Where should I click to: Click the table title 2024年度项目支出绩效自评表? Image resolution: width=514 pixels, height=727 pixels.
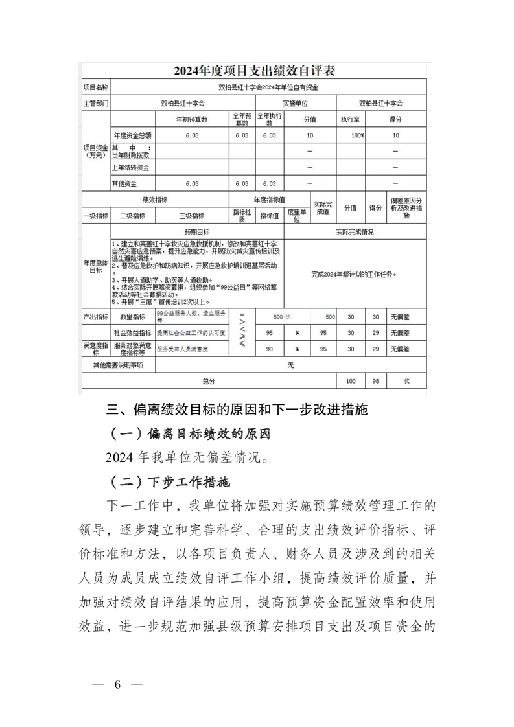coord(253,70)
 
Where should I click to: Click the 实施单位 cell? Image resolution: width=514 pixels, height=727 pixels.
coord(295,103)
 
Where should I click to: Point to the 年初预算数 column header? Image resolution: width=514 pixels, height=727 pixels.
coord(191,120)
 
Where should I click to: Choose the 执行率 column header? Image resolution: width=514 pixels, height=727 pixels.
coord(351,120)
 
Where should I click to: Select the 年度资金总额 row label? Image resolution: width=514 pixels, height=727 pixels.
coord(132,135)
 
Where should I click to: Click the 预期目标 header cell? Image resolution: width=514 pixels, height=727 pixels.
coord(196,231)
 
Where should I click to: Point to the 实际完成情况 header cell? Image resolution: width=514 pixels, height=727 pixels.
coord(355,231)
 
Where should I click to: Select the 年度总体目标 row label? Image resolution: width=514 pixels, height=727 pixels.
coord(95,266)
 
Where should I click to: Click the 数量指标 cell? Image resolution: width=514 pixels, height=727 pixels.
coord(132,317)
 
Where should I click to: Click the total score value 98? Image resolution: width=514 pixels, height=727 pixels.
coord(374,382)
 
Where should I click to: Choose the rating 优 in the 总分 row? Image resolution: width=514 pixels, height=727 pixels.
coord(406,382)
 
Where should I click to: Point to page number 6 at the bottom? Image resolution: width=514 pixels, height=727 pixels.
coord(117,686)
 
